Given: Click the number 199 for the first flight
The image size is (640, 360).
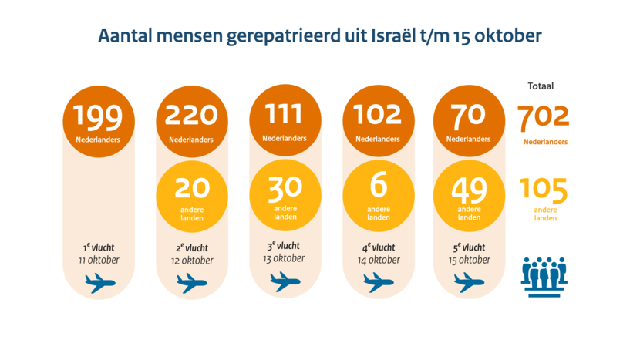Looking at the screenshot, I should pyautogui.click(x=98, y=116).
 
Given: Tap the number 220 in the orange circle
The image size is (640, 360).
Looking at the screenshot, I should pyautogui.click(x=191, y=116).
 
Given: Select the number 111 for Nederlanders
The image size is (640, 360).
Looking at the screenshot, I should pyautogui.click(x=285, y=115).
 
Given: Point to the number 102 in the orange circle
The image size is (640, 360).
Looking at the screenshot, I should pyautogui.click(x=378, y=115).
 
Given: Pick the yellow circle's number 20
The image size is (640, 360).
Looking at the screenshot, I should pyautogui.click(x=191, y=188).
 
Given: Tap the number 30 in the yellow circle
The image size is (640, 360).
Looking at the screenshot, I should pyautogui.click(x=285, y=187).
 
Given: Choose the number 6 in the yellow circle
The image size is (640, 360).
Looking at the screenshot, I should pyautogui.click(x=378, y=187).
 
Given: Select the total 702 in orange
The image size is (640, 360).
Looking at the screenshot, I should pyautogui.click(x=544, y=117).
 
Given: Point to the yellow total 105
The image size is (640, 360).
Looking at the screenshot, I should pyautogui.click(x=544, y=190).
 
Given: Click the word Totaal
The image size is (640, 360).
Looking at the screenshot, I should pyautogui.click(x=541, y=86).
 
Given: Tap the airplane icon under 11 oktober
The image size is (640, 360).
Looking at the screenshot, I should pyautogui.click(x=99, y=282).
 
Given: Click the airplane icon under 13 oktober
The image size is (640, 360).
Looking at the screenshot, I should pyautogui.click(x=285, y=282).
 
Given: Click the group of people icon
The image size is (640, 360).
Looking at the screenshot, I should pyautogui.click(x=544, y=271).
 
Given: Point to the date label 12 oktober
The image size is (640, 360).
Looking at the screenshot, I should pyautogui.click(x=192, y=261).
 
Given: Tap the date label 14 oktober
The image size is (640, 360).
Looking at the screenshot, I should pyautogui.click(x=378, y=260).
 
